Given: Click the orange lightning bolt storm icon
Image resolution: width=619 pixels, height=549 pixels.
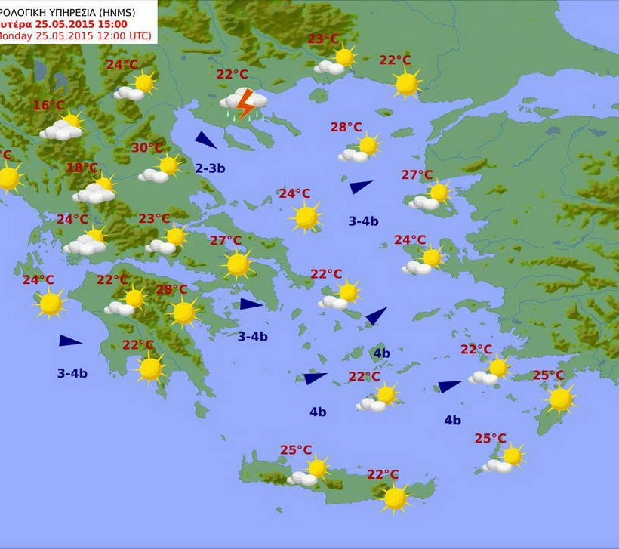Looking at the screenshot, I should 244,103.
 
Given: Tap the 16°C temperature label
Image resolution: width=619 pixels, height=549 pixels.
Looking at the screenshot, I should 48,105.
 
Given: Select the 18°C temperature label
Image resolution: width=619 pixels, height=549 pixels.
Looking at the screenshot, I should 82,168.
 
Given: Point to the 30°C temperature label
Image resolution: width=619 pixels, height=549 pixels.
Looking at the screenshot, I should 147,147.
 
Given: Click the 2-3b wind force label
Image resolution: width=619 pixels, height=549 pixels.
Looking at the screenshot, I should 210,168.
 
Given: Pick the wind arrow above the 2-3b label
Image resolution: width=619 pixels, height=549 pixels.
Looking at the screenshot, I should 205,140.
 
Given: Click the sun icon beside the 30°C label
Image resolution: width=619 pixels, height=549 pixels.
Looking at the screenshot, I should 168,165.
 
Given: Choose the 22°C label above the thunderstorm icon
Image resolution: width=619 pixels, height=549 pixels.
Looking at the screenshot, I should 232,74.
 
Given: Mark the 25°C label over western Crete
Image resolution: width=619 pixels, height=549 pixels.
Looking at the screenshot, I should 296,450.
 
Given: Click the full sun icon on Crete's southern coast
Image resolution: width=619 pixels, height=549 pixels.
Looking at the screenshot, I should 395,498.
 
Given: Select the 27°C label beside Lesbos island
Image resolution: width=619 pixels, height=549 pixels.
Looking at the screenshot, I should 417,174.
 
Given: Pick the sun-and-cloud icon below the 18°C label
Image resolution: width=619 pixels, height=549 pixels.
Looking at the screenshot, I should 96,190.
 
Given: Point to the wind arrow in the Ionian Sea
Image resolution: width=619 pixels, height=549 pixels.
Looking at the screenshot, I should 69,341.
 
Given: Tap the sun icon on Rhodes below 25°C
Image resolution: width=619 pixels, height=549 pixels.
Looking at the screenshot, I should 561,399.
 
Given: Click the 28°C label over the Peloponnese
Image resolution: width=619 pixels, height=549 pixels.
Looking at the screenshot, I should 171,289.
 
